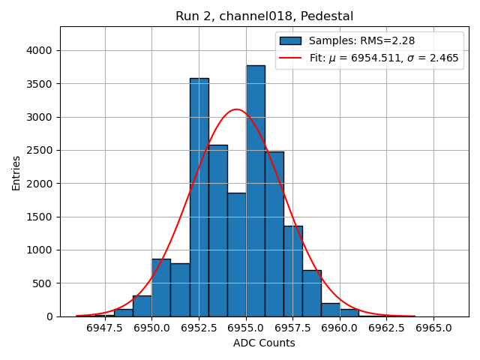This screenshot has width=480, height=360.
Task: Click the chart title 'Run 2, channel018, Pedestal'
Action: tap(264, 16)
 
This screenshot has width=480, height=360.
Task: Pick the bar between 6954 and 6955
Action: tap(236, 255)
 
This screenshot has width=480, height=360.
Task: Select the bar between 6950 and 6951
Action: tap(161, 288)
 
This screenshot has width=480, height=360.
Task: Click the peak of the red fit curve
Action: tap(236, 109)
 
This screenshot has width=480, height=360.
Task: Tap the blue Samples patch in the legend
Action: tap(290, 40)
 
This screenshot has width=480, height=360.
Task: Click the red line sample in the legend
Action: tap(290, 58)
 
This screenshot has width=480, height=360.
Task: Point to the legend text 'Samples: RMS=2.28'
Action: tap(362, 40)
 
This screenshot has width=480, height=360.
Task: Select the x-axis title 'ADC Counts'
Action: tap(264, 343)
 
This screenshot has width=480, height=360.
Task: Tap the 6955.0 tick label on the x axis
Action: tap(246, 328)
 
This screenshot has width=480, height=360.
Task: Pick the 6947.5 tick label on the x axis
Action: tap(104, 328)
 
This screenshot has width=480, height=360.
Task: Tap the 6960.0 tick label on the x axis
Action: tap(340, 328)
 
